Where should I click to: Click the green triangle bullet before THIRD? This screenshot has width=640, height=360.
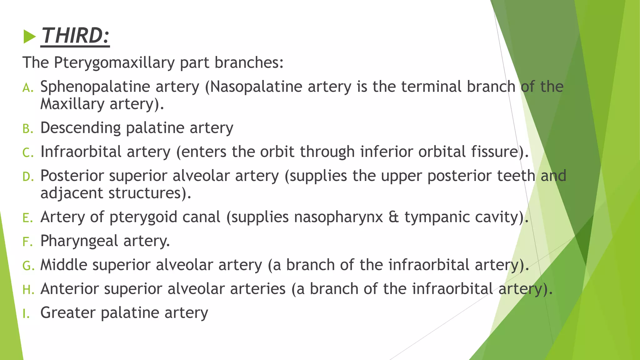30,37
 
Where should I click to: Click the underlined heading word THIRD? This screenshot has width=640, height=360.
75,36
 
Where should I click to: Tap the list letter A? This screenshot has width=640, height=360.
27,88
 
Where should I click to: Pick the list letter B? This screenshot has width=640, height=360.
27,129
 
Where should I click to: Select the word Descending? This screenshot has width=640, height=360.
80,128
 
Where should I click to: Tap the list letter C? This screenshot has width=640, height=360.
27,153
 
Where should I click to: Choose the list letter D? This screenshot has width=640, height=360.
27,177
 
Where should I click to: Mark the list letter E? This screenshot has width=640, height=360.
27,218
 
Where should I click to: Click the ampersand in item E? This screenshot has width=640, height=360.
394,217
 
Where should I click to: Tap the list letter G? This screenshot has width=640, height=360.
27,266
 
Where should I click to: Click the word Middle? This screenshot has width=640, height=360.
64,265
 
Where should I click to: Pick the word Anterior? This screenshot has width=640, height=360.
69,289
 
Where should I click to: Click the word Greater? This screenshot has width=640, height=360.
68,313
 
